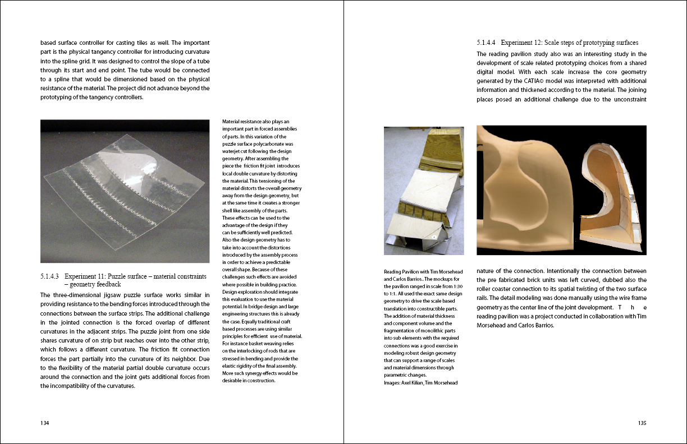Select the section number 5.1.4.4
click(487, 43)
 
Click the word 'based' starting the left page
click(48, 43)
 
